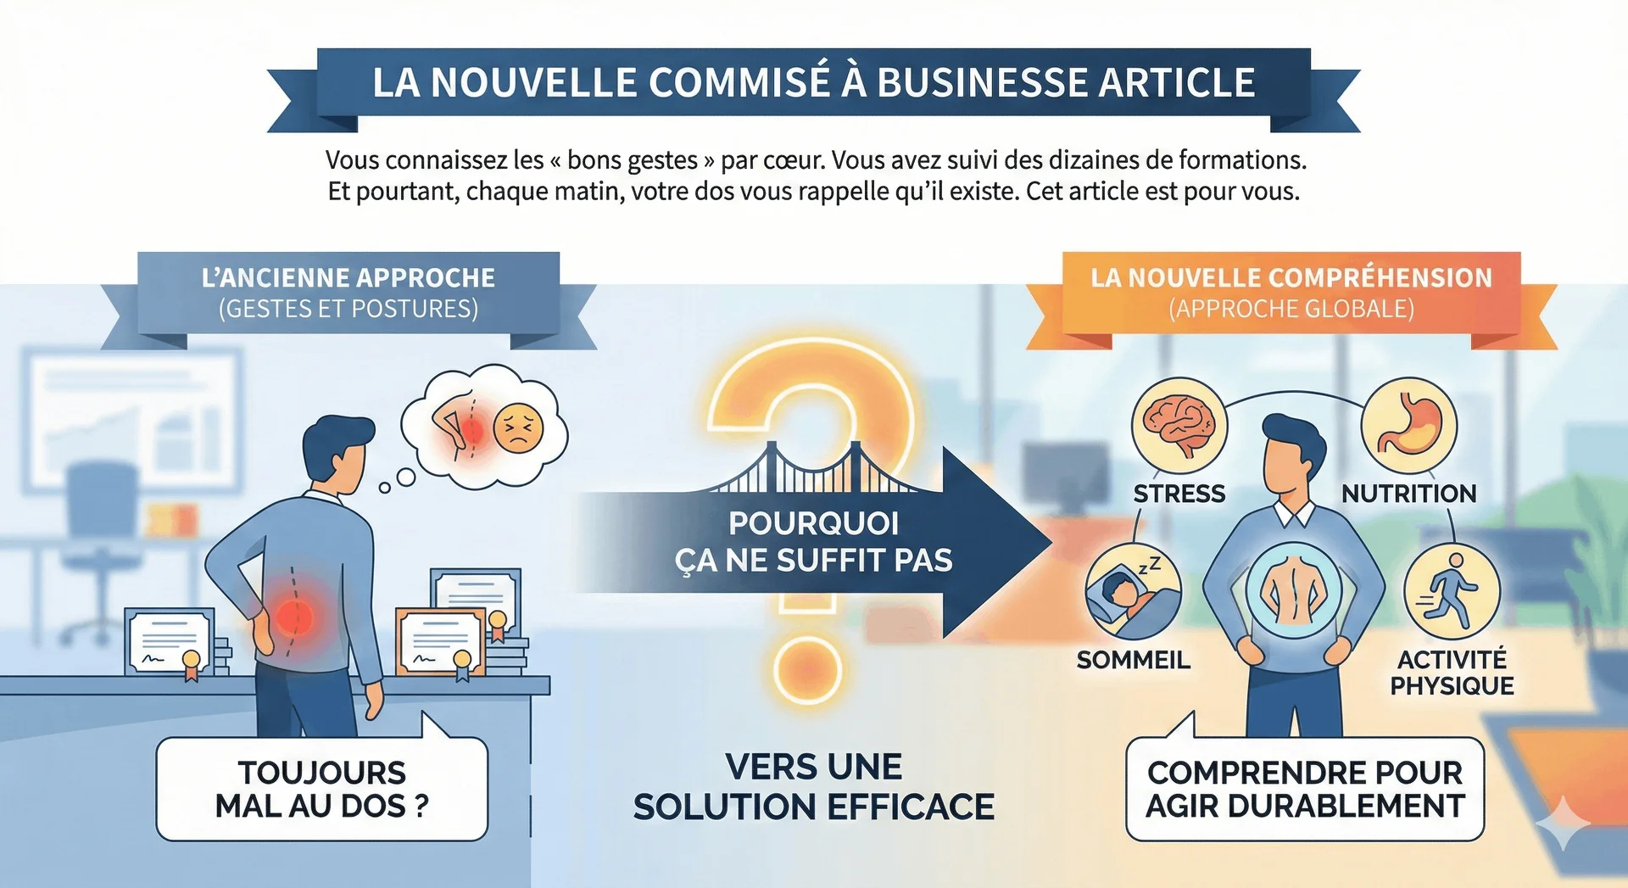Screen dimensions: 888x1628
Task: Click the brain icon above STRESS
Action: (1179, 425)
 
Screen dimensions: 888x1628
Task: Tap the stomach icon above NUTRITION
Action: (1408, 425)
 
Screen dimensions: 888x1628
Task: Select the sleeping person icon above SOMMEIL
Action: (1133, 591)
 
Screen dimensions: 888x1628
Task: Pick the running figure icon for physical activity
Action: (1452, 591)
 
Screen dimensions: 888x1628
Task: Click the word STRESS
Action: (1179, 494)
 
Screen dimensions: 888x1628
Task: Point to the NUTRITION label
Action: (1408, 494)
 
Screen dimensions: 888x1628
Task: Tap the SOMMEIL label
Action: (1133, 660)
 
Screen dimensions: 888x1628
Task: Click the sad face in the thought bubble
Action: (518, 428)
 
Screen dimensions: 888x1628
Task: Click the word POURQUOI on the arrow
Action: (813, 523)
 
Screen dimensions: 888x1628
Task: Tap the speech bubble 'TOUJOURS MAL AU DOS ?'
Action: (322, 789)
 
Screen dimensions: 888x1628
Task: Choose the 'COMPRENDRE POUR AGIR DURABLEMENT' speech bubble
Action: (1305, 789)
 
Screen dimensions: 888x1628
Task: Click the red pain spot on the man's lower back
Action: (293, 615)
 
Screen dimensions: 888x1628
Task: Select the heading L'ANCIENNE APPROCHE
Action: (348, 278)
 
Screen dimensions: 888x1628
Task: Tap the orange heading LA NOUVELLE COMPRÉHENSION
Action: (1291, 278)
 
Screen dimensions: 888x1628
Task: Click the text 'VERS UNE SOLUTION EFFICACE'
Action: (813, 787)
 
